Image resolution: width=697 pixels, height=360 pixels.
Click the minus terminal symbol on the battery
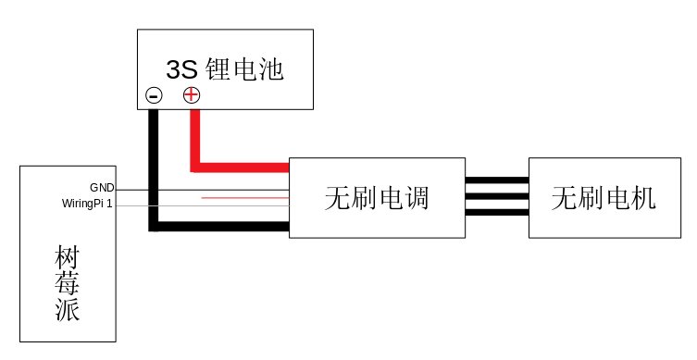154,94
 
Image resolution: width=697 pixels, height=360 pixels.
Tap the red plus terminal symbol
192,94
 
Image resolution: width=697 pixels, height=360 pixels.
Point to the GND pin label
102,188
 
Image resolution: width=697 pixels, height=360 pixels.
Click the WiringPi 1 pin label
87,204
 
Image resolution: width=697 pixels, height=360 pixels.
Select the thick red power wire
241,168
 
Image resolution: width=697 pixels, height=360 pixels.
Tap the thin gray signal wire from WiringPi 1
204,204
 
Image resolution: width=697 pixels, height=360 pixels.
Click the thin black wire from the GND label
204,189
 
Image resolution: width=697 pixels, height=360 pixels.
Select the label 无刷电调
377,198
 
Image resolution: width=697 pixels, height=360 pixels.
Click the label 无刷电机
603,198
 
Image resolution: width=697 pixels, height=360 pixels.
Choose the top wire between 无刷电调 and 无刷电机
496,181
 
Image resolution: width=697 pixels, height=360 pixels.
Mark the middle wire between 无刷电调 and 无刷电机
496,196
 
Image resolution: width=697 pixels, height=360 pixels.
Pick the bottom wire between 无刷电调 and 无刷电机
496,212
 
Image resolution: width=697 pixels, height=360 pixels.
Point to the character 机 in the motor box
642,198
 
